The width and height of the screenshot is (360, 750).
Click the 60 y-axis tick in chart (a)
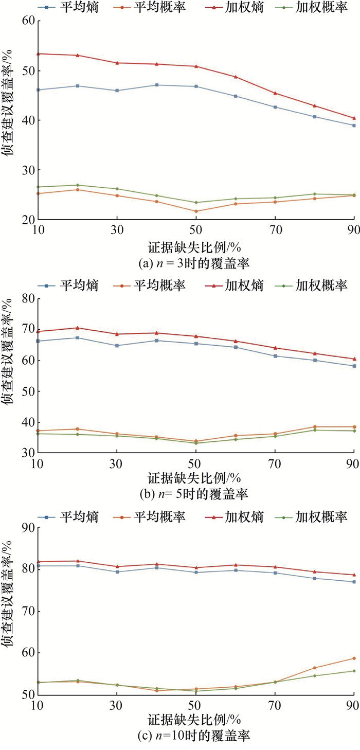click(x=27, y=21)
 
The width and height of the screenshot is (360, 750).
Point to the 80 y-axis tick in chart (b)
click(x=27, y=298)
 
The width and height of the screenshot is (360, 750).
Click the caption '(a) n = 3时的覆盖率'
click(x=194, y=263)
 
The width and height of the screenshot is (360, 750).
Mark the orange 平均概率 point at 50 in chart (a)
click(x=195, y=211)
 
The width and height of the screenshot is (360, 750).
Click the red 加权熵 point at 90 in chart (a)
click(x=354, y=118)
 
